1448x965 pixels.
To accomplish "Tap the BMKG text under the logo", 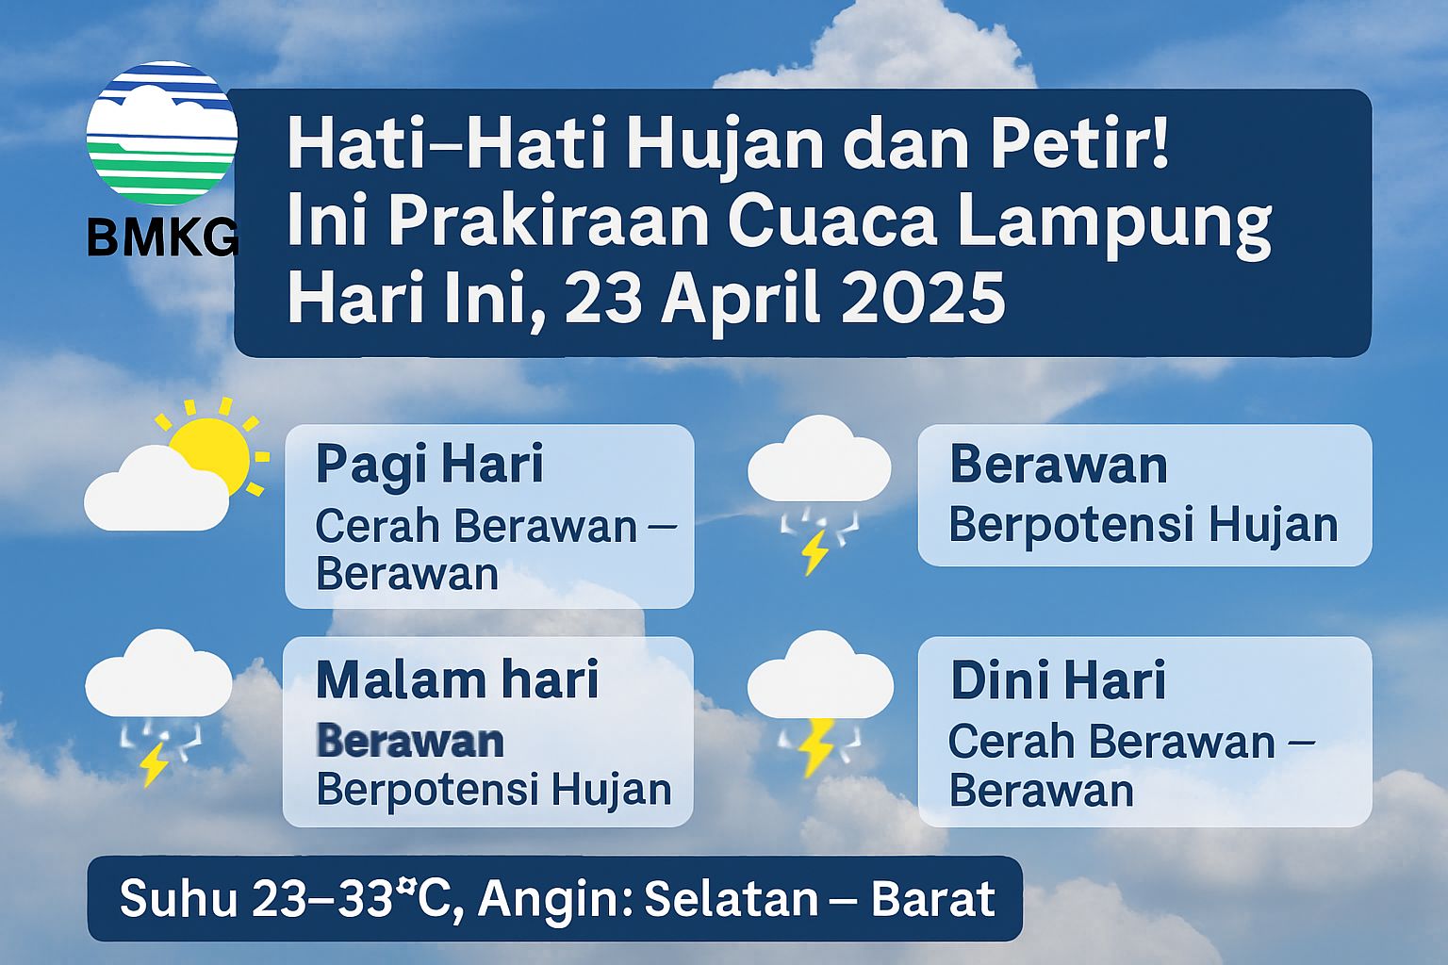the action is pyautogui.click(x=163, y=237).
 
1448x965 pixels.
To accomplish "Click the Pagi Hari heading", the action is pyautogui.click(x=429, y=465).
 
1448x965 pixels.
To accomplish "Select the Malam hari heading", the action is pyautogui.click(x=457, y=680).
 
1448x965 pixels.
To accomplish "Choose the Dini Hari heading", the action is pyautogui.click(x=1059, y=680).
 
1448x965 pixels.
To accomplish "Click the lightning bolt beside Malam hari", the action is pyautogui.click(x=156, y=764).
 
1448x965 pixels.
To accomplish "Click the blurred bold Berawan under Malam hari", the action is pyautogui.click(x=410, y=741).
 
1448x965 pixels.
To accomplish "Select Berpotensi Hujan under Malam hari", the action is pyautogui.click(x=494, y=791).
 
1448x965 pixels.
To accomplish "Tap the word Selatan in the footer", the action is pyautogui.click(x=732, y=898).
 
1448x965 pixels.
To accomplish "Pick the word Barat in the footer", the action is pyautogui.click(x=933, y=898).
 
